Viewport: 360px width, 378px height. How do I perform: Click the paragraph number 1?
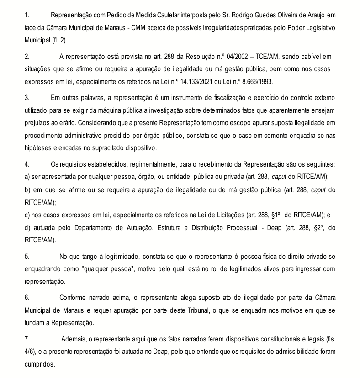[27, 16]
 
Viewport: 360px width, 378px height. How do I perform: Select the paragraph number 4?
[27, 164]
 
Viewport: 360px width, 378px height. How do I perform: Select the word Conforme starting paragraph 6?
[73, 298]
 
